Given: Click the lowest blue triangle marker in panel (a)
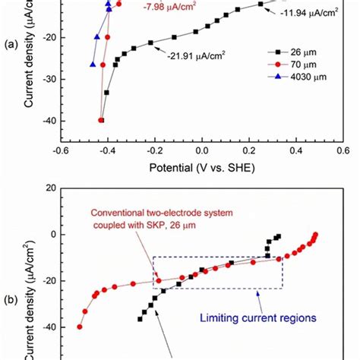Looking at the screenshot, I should (x=93, y=65).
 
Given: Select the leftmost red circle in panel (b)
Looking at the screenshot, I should (x=80, y=327).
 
